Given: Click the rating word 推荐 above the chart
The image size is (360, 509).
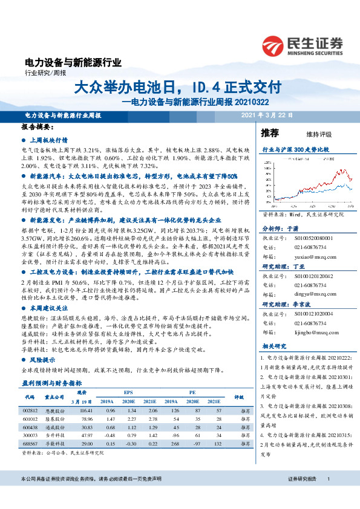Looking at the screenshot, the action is pos(270,132).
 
